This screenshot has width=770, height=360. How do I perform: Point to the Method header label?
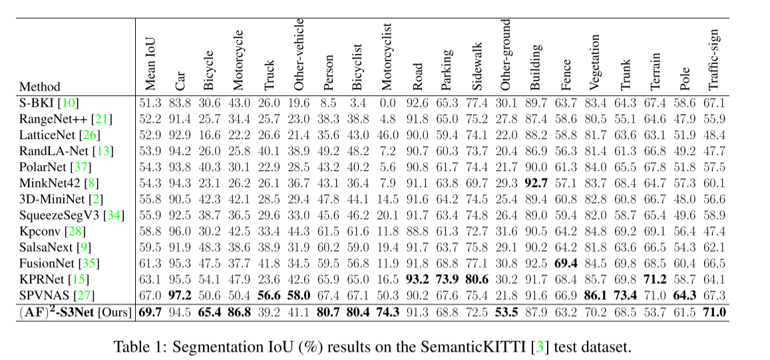pyautogui.click(x=39, y=87)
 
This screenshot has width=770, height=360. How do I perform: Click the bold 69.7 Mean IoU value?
pyautogui.click(x=150, y=311)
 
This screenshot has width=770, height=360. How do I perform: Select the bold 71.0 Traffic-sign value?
pyautogui.click(x=713, y=311)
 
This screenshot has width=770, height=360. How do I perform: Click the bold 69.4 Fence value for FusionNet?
pyautogui.click(x=566, y=262)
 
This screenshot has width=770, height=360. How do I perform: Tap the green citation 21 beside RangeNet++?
pyautogui.click(x=102, y=118)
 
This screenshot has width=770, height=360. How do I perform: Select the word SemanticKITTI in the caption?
pyautogui.click(x=481, y=346)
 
